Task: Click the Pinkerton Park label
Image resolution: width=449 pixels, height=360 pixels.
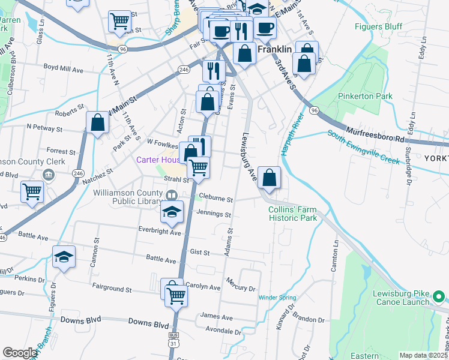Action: click(365, 96)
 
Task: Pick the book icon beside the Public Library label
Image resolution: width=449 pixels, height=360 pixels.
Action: click(172, 196)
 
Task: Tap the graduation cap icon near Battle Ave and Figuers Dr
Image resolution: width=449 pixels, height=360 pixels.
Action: click(64, 257)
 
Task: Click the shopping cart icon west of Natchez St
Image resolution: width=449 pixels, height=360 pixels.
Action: click(31, 192)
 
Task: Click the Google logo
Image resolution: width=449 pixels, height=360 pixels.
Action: click(20, 353)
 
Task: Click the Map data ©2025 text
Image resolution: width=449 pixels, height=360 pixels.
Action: click(423, 355)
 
